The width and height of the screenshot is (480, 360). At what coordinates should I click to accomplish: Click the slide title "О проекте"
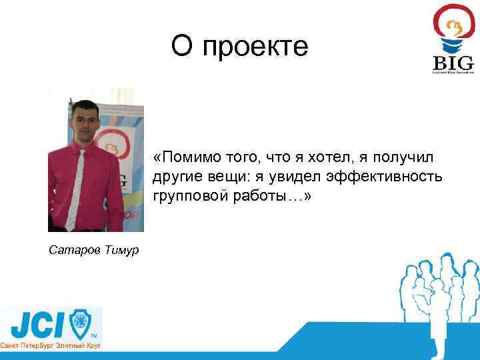tap(239, 47)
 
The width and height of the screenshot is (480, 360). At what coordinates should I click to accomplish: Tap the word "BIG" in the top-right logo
tap(453, 63)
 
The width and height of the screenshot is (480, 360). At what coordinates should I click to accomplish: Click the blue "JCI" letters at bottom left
tap(37, 325)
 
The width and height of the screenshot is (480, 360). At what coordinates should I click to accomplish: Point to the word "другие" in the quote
tap(175, 177)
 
